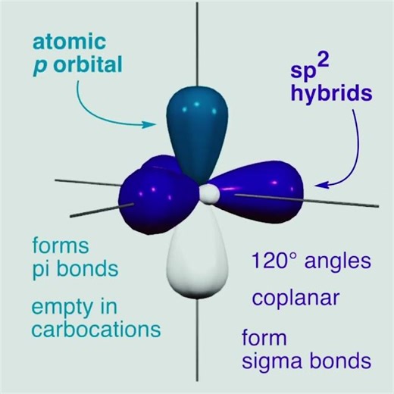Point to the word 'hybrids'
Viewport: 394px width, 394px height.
[x=333, y=95]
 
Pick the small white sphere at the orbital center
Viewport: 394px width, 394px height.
[x=205, y=195]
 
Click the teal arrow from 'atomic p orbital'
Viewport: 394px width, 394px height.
[x=114, y=110]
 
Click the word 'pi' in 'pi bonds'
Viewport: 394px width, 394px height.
[x=41, y=270]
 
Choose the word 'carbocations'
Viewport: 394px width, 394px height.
[x=95, y=330]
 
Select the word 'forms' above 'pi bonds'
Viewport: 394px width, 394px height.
[x=61, y=246]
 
